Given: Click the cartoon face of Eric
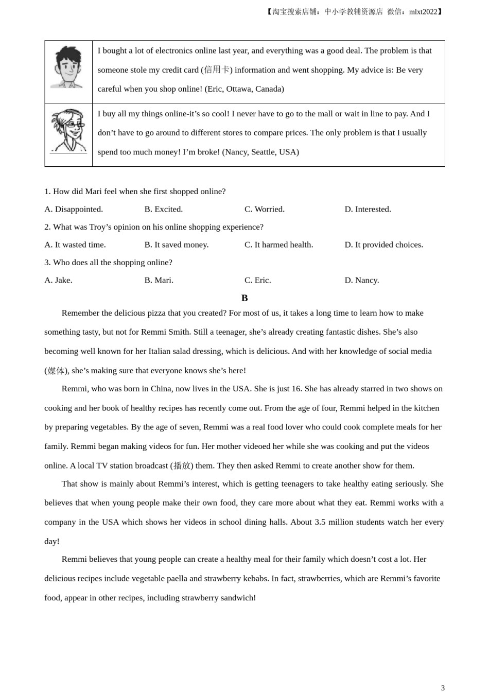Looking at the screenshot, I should point(68,67).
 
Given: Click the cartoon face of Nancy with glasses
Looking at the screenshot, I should point(69,130).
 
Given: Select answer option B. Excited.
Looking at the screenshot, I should point(163,209).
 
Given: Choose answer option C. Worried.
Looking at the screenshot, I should point(264,209).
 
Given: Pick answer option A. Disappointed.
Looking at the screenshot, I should point(74,209).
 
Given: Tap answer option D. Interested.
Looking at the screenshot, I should point(368,209).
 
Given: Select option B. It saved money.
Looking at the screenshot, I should point(176,245).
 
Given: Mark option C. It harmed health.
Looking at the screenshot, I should point(278,245).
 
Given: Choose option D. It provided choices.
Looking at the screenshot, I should point(383,245).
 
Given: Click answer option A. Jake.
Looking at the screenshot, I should point(58,280).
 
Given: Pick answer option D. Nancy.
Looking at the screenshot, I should point(361,280).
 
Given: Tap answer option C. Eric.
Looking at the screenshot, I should point(257,280).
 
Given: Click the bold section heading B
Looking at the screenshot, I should point(244,298).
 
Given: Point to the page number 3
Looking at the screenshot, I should point(443,688).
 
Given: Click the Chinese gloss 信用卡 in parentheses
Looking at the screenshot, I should point(217,70).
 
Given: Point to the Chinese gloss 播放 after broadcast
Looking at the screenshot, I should point(182,465).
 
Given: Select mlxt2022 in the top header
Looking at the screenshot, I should point(423,11).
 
